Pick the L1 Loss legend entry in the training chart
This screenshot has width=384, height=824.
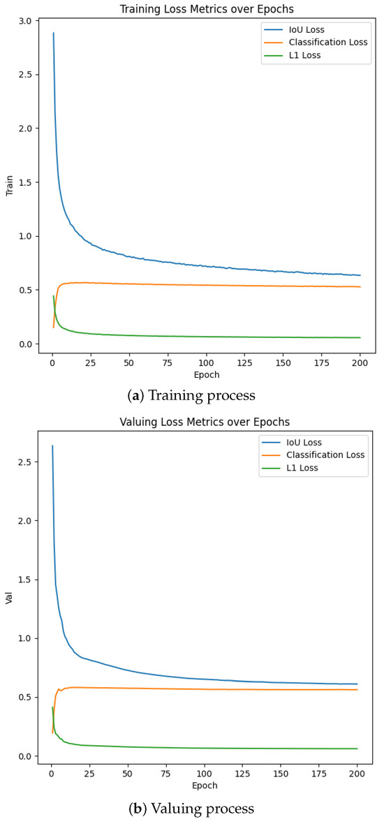pyautogui.click(x=303, y=55)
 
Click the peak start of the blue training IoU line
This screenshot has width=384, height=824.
pyautogui.click(x=53, y=33)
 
